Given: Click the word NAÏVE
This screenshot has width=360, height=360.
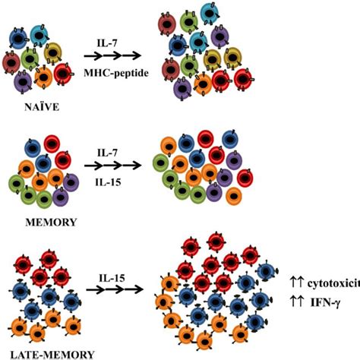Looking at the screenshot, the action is click(42, 107).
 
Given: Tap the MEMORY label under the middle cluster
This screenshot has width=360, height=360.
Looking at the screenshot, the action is click(51, 223).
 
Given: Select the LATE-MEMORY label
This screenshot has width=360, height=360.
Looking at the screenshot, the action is click(52, 355).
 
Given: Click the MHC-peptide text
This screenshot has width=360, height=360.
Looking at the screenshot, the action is click(116, 74).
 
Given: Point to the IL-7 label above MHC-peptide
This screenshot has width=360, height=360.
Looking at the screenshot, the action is click(107, 43).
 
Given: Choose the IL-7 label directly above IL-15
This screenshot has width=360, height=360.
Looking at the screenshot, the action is click(107, 153).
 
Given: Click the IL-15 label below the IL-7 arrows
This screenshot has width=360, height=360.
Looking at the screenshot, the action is click(108, 182).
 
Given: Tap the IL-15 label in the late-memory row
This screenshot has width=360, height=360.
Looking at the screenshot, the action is click(112, 278).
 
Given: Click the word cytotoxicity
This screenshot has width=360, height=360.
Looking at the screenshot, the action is click(333, 283).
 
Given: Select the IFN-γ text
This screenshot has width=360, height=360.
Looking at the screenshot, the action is click(326, 302).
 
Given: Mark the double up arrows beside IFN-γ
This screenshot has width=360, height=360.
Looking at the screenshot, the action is click(296, 302).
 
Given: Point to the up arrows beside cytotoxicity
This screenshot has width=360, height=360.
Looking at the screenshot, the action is click(296, 283).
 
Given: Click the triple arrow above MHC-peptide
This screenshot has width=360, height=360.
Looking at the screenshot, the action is click(112, 55).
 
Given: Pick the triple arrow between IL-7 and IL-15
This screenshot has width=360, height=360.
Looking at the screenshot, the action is click(112, 166).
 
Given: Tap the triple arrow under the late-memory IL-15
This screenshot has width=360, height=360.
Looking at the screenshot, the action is click(115, 289).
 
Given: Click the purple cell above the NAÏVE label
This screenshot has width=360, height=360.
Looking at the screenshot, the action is click(23, 82).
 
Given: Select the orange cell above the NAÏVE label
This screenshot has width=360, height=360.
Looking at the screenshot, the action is click(43, 77).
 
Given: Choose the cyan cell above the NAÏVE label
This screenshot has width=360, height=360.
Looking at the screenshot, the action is click(39, 35).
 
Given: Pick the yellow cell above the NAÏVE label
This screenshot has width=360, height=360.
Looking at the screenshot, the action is click(53, 53).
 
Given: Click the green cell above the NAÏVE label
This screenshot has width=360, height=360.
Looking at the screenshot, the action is click(30, 58).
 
